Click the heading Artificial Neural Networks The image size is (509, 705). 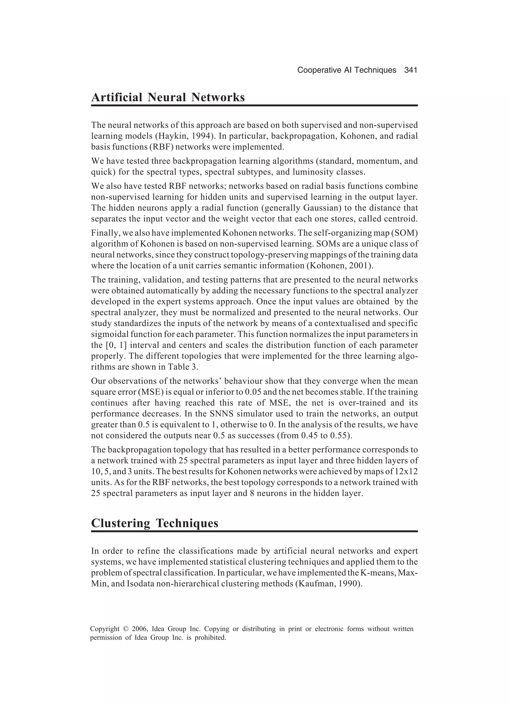point(168,97)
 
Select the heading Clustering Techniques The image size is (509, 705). point(155,523)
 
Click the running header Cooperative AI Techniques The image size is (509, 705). point(347,70)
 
